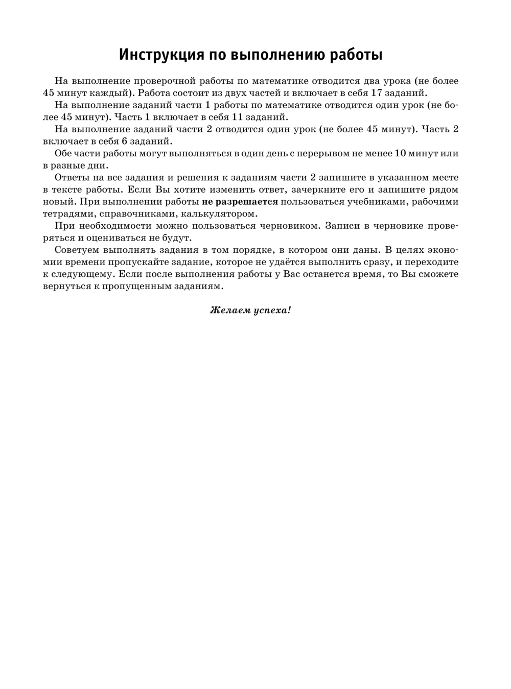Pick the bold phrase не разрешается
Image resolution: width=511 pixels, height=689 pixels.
pos(240,202)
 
